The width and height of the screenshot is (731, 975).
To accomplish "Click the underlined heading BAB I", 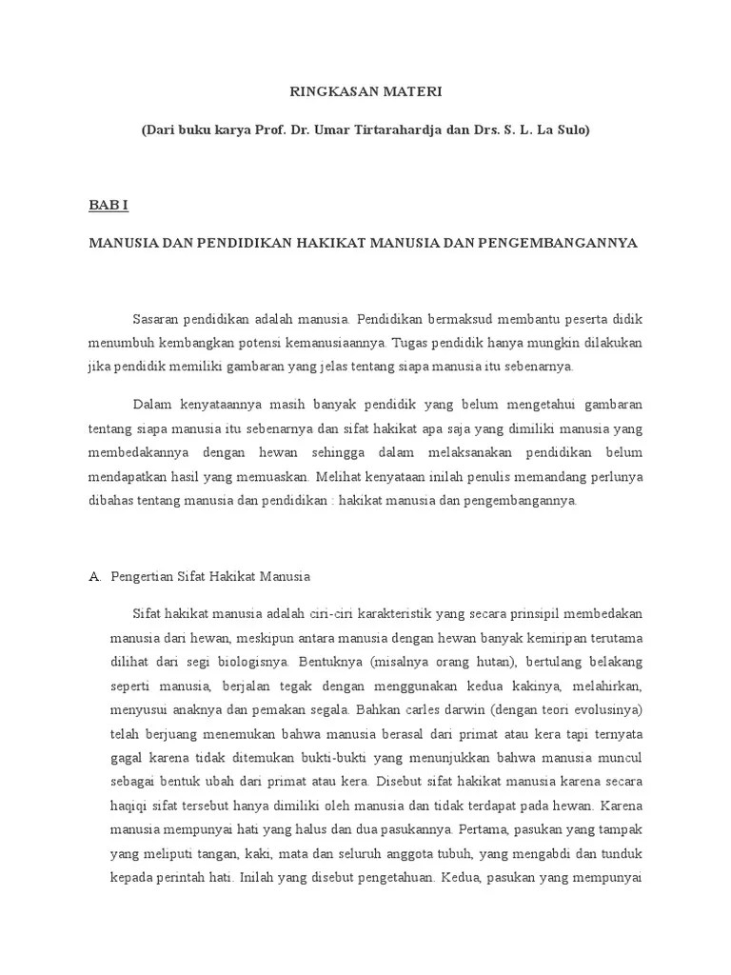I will [108, 205].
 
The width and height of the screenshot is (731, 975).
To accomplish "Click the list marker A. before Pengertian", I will [94, 577].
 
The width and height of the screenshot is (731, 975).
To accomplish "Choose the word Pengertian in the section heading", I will [142, 577].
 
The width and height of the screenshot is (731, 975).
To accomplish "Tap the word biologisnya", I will [255, 662].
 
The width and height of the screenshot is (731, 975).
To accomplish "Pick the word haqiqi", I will [128, 805].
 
